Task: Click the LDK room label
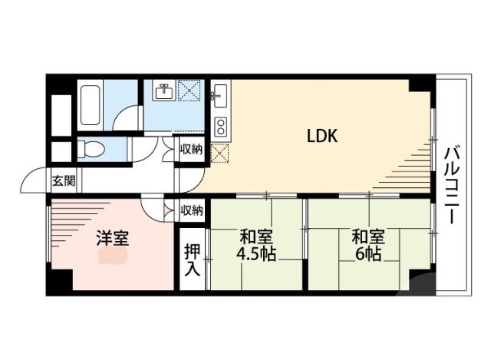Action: tap(322, 137)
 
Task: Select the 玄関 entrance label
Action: tap(64, 182)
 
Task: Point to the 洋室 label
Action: tap(112, 237)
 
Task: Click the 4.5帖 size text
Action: tap(256, 255)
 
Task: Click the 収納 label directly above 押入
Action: tap(192, 210)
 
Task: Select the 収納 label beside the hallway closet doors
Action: tap(192, 149)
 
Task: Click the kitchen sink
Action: tap(219, 97)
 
